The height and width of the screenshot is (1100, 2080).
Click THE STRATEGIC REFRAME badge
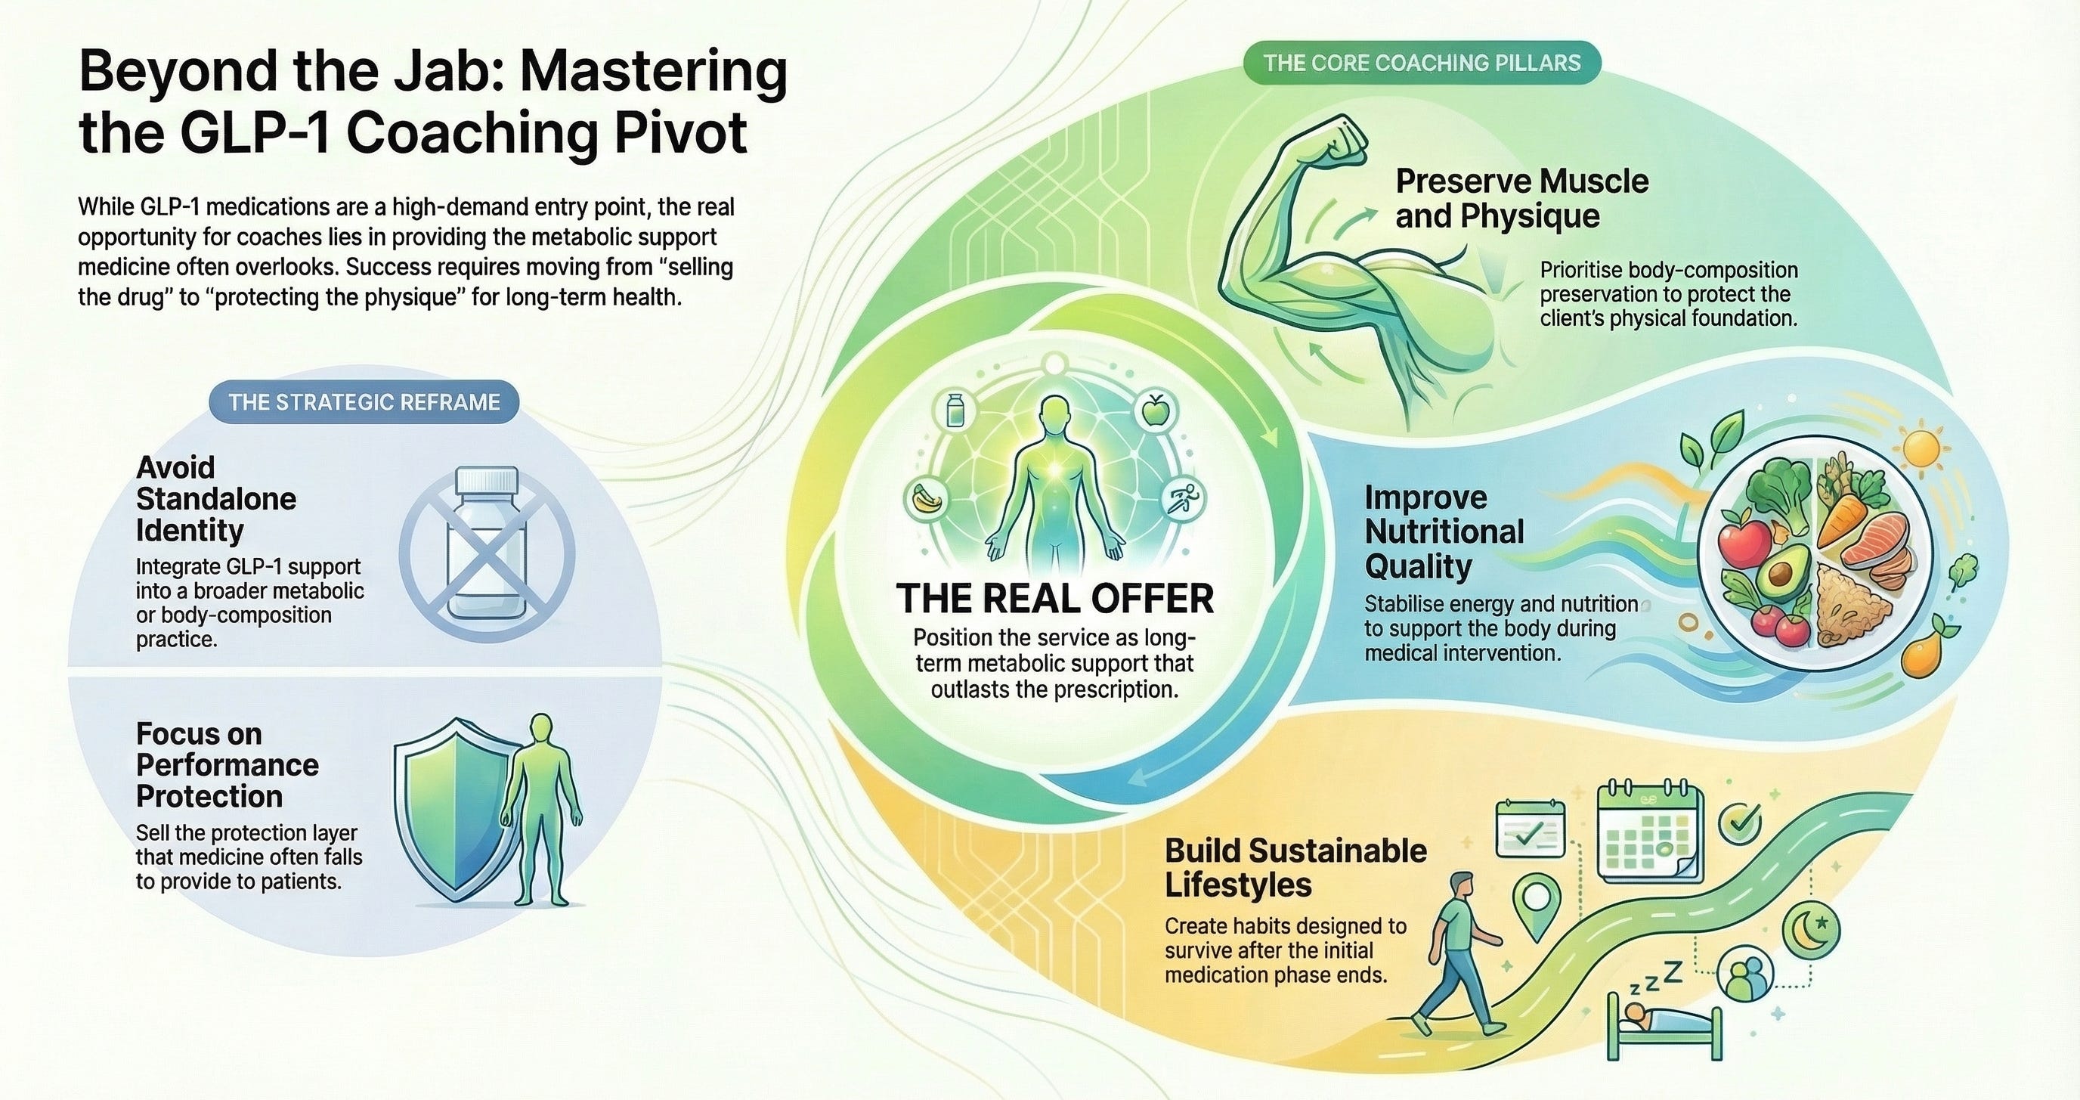[364, 402]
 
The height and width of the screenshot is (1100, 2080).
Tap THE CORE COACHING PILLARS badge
[1421, 63]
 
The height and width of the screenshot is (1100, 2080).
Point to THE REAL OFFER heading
[1054, 599]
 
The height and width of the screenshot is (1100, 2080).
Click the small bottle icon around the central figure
[955, 410]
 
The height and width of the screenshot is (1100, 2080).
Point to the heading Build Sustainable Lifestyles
[1295, 867]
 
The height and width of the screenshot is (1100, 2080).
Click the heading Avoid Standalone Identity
[215, 498]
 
